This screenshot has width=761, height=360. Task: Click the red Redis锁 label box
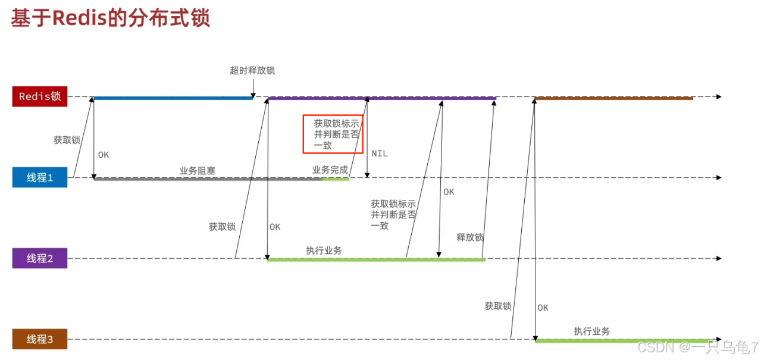click(40, 96)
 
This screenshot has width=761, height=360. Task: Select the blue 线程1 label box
click(40, 177)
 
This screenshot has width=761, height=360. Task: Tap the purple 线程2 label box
click(40, 258)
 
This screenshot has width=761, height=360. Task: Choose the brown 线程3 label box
click(40, 339)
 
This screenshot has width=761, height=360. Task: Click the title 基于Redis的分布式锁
click(111, 18)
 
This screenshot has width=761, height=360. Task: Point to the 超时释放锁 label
click(252, 70)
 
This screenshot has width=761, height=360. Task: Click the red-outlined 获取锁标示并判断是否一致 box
click(333, 134)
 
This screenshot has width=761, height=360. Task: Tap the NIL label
click(380, 154)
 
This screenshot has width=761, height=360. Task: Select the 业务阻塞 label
click(198, 171)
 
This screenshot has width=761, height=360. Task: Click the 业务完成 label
click(330, 170)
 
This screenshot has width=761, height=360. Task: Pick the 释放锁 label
click(470, 237)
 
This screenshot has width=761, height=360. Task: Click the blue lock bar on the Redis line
click(173, 98)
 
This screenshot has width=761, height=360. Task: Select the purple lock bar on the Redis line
click(381, 98)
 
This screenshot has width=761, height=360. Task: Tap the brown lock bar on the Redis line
click(613, 98)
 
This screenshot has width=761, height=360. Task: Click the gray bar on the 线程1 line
click(208, 179)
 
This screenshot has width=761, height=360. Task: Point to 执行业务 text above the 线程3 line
click(592, 331)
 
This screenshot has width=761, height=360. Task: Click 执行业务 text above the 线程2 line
click(324, 251)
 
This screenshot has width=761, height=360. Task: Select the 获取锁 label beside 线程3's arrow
click(498, 306)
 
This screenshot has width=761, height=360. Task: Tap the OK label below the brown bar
click(543, 308)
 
